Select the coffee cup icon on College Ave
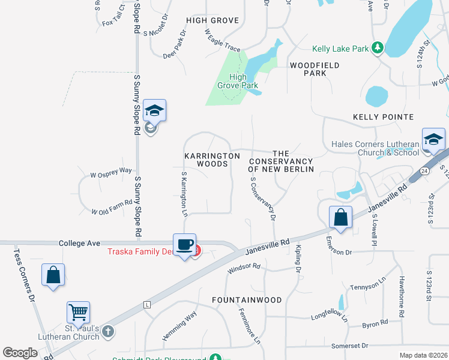[x=185, y=245]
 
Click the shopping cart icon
[x=78, y=312]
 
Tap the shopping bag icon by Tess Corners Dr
[x=53, y=275]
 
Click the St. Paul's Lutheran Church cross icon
[x=107, y=331]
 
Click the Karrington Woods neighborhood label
[x=212, y=160]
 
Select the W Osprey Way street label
[x=111, y=170]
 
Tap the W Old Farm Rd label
[x=112, y=207]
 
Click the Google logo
[x=20, y=353]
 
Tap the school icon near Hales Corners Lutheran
[x=433, y=139]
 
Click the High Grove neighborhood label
[x=212, y=20]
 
